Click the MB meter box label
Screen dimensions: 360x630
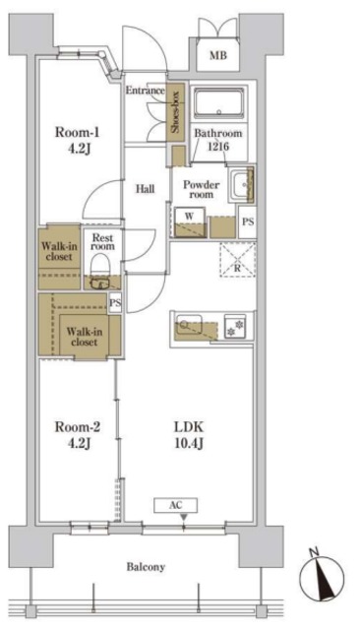point(218,55)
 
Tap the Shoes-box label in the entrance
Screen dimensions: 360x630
point(175,112)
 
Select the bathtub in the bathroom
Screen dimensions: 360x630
point(219,102)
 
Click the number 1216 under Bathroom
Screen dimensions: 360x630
point(218,147)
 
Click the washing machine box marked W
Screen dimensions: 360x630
point(190,221)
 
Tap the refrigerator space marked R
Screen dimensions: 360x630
point(238,260)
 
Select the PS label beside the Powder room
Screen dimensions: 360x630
point(248,221)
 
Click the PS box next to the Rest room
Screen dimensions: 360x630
point(115,303)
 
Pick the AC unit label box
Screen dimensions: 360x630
point(176,505)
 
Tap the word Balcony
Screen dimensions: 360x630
point(146,567)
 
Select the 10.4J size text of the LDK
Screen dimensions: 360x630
point(189,444)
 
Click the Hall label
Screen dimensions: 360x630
point(145,189)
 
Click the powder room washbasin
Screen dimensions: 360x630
point(242,185)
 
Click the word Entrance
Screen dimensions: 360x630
point(146,91)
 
